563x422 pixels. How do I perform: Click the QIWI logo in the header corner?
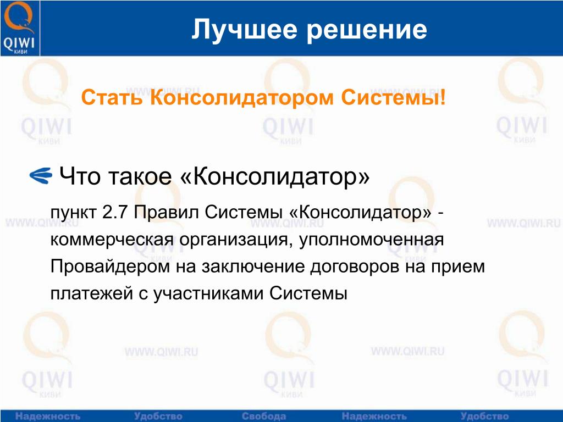[19, 28]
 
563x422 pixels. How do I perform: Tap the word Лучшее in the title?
[245, 30]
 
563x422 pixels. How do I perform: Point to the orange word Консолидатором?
[242, 98]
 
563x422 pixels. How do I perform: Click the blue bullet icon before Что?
[41, 176]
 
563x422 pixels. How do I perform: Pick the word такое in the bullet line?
[140, 176]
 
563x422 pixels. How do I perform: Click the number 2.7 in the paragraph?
[115, 213]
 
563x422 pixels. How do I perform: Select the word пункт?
[73, 213]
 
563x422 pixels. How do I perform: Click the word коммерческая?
[112, 240]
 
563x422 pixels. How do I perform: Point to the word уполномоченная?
[371, 240]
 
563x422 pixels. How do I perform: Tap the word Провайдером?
[110, 267]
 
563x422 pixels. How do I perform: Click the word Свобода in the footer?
[263, 417]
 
